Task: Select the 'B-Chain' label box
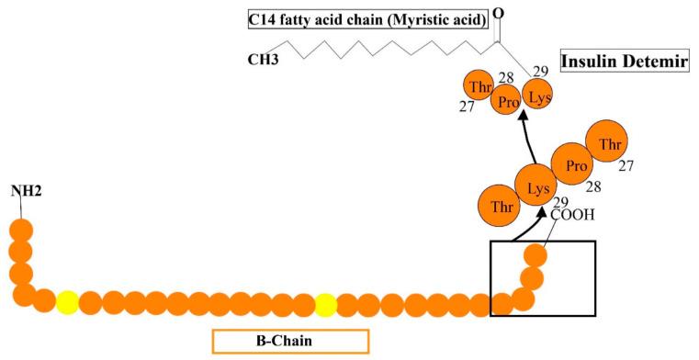pyautogui.click(x=290, y=341)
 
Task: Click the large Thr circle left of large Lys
pyautogui.click(x=501, y=206)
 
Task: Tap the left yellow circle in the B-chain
pyautogui.click(x=67, y=302)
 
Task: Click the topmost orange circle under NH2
pyautogui.click(x=21, y=230)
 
